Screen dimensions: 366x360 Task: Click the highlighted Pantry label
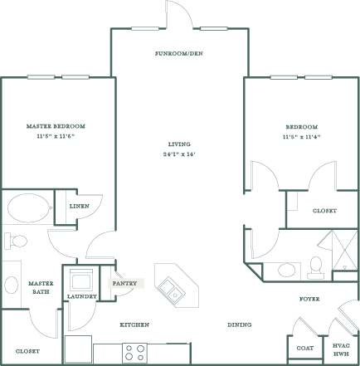pyautogui.click(x=126, y=283)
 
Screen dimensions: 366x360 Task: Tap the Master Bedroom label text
pyautogui.click(x=56, y=125)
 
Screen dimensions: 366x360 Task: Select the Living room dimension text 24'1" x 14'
pyautogui.click(x=179, y=154)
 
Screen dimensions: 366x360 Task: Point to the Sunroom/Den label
pyautogui.click(x=179, y=53)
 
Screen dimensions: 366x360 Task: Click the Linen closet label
pyautogui.click(x=80, y=206)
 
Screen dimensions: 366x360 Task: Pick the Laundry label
pyautogui.click(x=81, y=295)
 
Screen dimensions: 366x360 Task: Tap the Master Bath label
pyautogui.click(x=40, y=287)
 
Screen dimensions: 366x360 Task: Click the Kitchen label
pyautogui.click(x=134, y=325)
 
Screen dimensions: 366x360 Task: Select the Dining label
pyautogui.click(x=240, y=325)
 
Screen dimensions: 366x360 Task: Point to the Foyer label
pyautogui.click(x=309, y=299)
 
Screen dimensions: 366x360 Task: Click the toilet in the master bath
pyautogui.click(x=15, y=242)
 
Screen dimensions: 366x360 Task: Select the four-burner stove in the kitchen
pyautogui.click(x=134, y=353)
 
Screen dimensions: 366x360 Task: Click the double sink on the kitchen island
pyautogui.click(x=173, y=289)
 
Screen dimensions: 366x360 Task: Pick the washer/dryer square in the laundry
pyautogui.click(x=81, y=278)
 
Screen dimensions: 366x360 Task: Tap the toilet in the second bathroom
pyautogui.click(x=315, y=266)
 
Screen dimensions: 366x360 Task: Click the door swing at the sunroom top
pyautogui.click(x=180, y=15)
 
